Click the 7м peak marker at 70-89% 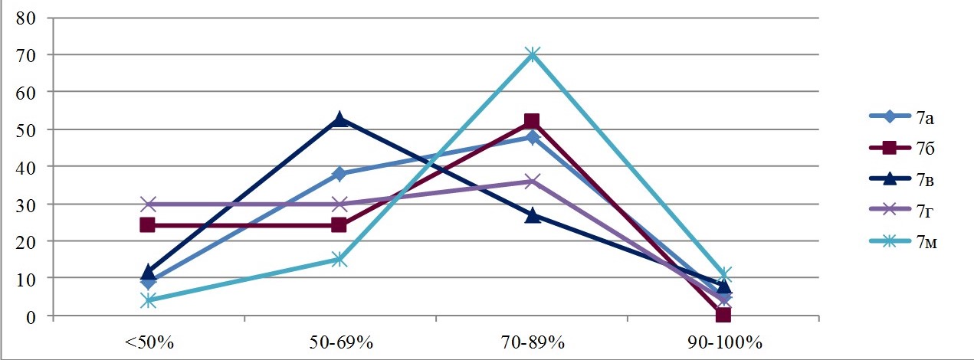533,55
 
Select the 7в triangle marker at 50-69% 340,119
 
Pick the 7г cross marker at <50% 148,204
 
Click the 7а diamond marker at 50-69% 340,174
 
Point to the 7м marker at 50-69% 340,260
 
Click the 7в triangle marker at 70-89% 533,215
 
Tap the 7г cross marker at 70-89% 533,182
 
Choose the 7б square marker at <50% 148,225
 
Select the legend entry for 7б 904,148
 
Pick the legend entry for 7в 904,179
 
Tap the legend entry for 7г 904,211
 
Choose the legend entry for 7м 904,242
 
